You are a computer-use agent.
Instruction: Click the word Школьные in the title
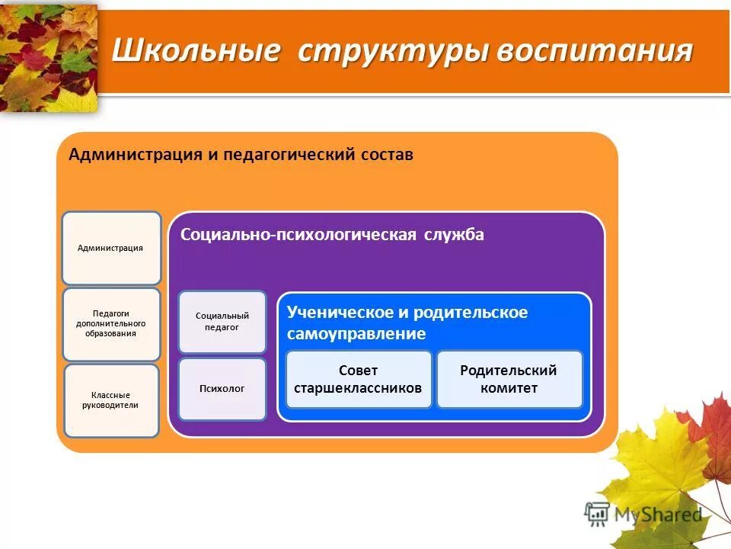[196, 52]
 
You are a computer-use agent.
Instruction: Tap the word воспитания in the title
[595, 52]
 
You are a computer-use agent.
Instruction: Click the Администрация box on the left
[111, 248]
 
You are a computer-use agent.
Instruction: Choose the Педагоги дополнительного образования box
[111, 323]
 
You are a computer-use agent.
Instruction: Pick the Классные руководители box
[111, 400]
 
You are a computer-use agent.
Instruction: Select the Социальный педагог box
[222, 321]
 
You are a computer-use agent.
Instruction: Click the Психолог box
[222, 389]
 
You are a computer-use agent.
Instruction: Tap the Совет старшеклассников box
[359, 379]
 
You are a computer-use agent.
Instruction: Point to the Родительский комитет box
[509, 379]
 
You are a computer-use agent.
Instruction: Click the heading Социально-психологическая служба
[331, 235]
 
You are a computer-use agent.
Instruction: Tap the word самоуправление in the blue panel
[356, 334]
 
